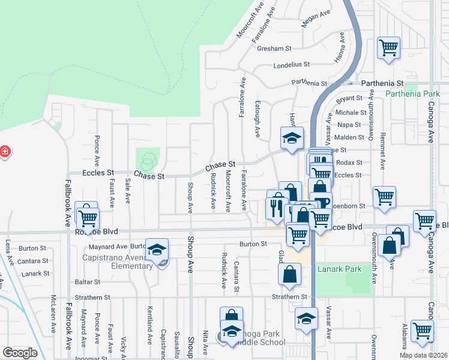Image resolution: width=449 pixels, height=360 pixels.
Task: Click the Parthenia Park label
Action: pos(412,94)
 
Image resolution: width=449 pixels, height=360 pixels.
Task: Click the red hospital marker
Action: pos(4,151)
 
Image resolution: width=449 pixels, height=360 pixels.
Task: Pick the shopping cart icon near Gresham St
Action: pos(388,47)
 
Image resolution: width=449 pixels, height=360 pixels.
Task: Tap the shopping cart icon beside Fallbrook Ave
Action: pos(88,214)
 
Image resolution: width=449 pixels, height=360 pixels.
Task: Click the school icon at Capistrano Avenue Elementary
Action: pos(157,250)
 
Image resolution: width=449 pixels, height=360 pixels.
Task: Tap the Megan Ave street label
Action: pos(316,18)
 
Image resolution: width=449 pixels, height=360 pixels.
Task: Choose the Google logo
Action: pos(20,353)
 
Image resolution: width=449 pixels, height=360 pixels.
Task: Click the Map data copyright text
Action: pos(423,355)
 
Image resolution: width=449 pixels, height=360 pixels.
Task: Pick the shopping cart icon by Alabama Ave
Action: pos(423,329)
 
